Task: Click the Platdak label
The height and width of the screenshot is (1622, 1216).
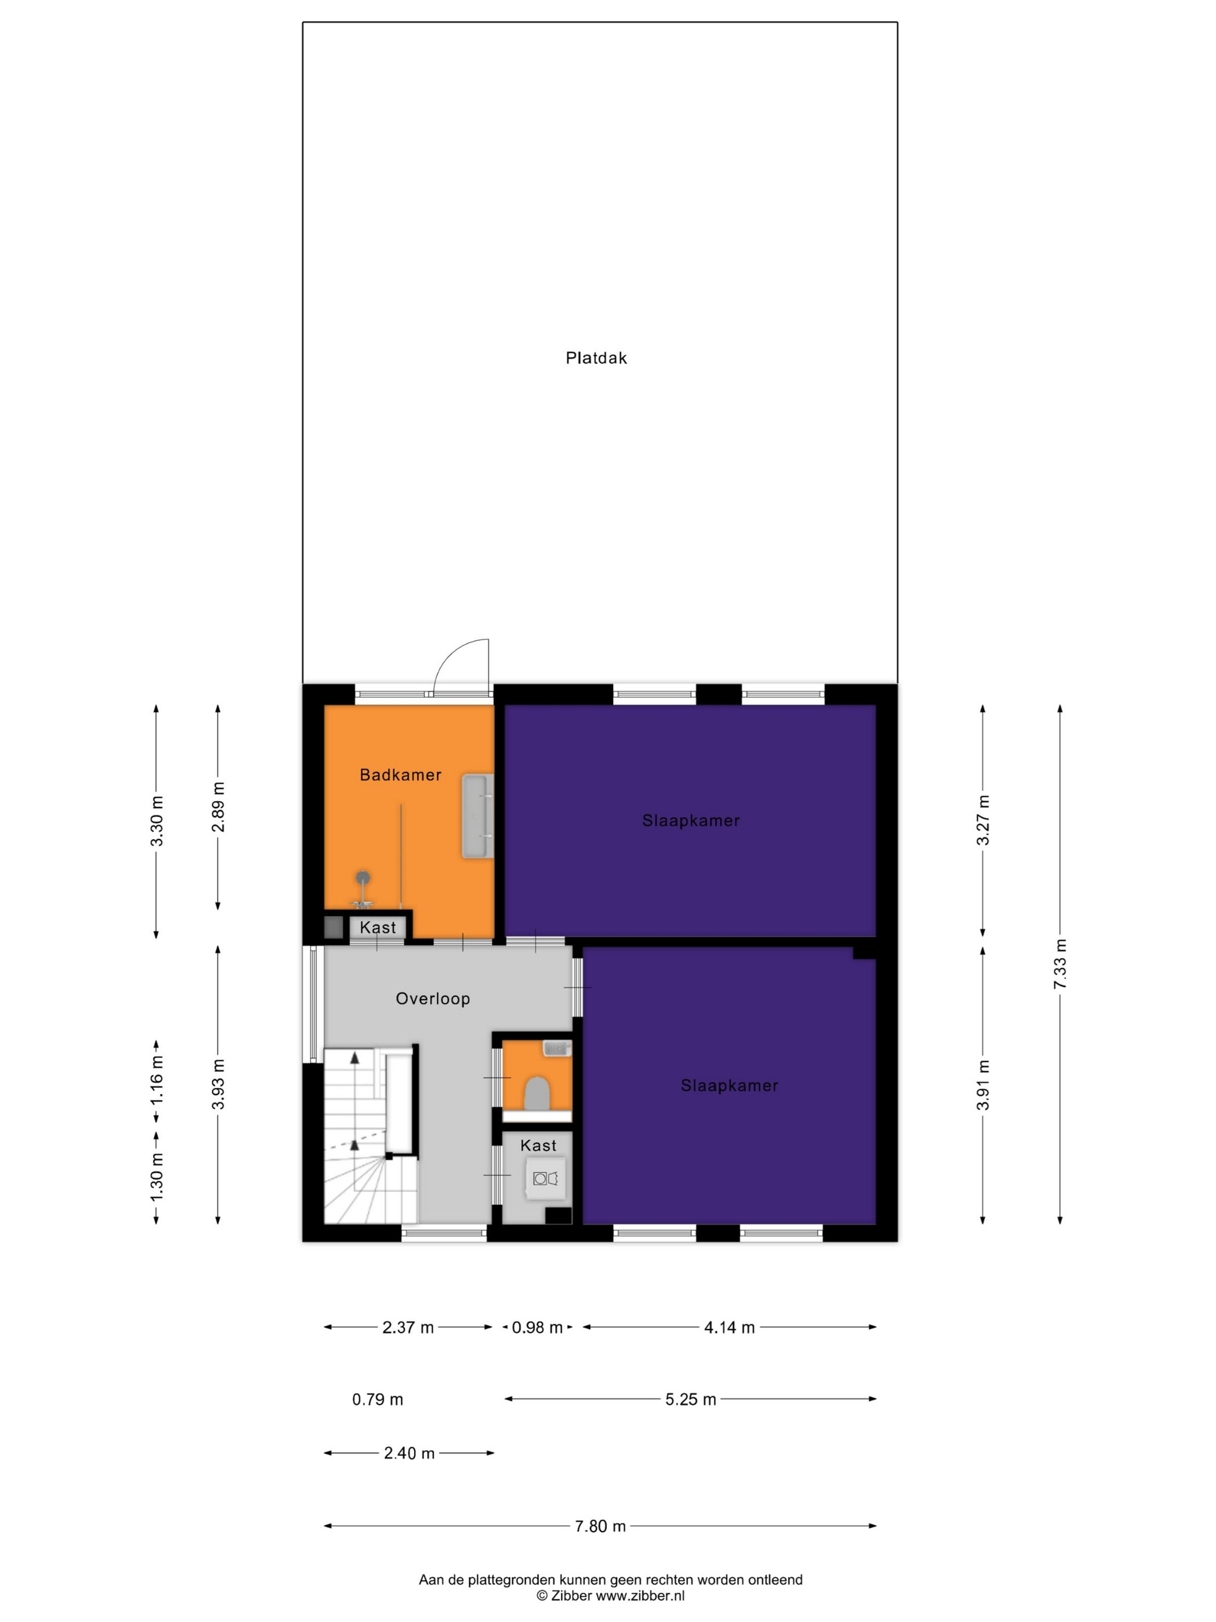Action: click(x=596, y=358)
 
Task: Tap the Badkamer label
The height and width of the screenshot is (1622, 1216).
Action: click(x=400, y=775)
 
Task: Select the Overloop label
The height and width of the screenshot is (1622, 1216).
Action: click(x=433, y=998)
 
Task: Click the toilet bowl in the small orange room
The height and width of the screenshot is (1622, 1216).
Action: click(x=537, y=1093)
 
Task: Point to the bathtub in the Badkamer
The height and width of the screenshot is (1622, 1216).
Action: click(x=477, y=816)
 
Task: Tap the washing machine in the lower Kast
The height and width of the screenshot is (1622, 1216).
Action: click(x=545, y=1178)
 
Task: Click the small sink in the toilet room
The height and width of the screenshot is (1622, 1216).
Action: click(x=557, y=1048)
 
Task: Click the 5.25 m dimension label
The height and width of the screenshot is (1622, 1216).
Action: click(x=690, y=1399)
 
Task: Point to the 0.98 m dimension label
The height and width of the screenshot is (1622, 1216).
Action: click(x=537, y=1327)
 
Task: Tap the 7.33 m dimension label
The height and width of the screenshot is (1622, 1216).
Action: click(x=1060, y=963)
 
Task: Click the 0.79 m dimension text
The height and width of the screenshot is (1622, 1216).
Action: click(x=378, y=1399)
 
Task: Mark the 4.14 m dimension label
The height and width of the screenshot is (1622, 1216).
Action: click(x=729, y=1327)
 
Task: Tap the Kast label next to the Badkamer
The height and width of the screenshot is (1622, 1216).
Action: click(x=378, y=927)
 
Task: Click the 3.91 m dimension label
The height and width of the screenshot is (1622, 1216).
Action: click(x=983, y=1084)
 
